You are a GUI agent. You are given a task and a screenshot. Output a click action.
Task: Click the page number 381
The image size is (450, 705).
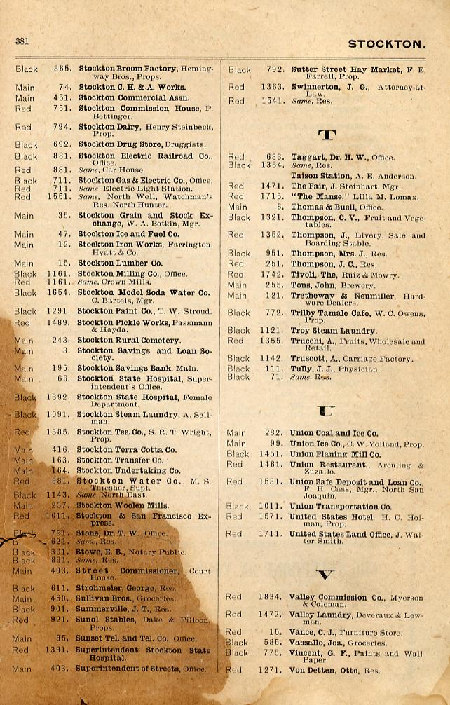point(22,41)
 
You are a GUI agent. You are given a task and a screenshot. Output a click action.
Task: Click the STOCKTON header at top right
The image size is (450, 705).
point(386,44)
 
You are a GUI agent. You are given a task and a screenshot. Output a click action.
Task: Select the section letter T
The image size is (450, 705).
point(326,134)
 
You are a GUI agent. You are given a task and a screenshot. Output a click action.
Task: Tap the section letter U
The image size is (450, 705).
point(326,411)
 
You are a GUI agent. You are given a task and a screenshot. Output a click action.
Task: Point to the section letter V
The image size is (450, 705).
point(325,575)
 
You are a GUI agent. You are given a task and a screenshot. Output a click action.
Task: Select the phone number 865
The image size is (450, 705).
point(62,69)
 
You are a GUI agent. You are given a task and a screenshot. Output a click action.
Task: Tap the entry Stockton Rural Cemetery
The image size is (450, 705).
point(128,341)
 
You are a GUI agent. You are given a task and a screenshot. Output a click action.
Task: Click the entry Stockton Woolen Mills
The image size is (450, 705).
point(122,505)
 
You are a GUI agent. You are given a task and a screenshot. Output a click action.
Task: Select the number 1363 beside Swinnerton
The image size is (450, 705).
point(273,88)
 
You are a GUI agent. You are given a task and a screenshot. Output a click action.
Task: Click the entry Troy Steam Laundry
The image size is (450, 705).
point(333,331)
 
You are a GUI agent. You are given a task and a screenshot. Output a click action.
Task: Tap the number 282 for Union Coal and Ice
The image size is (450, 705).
point(275,433)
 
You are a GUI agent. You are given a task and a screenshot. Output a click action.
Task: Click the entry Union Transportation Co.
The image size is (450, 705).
point(341,507)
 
